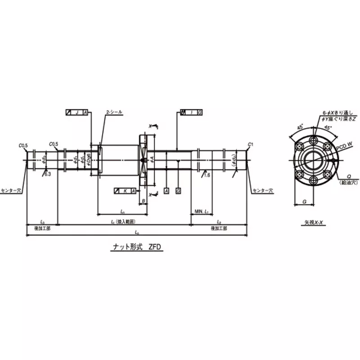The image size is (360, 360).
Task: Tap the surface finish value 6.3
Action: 47,173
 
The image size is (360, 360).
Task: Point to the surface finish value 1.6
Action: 207,175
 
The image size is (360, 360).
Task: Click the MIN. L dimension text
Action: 201,211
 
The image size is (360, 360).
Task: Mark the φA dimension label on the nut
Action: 153,159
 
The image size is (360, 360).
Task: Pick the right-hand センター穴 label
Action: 262,191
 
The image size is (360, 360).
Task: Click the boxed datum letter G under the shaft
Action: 178,191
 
